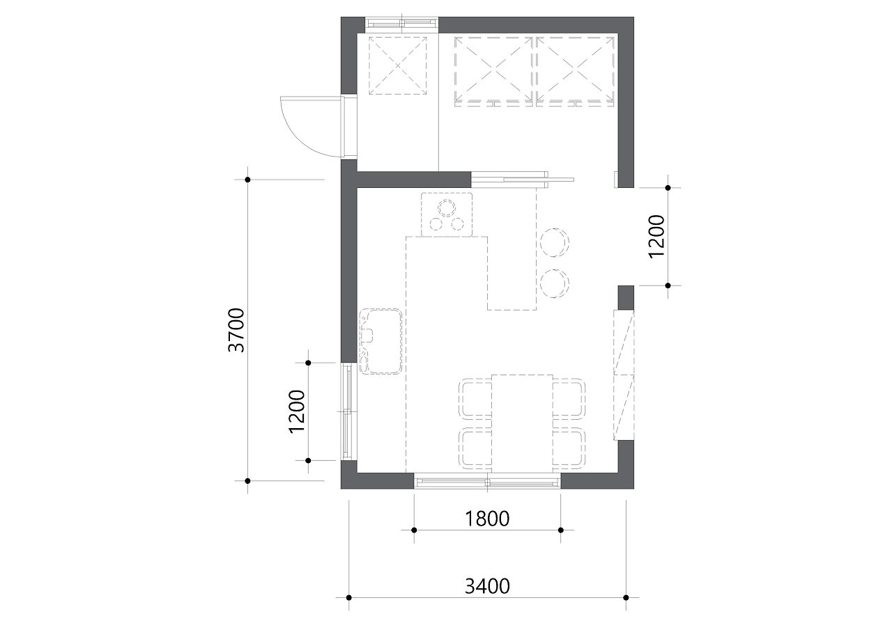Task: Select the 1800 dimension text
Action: pos(487,519)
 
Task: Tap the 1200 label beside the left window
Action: pos(297,411)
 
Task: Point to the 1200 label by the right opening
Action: pos(656,237)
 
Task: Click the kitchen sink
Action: pos(380,341)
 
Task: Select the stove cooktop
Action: pos(447,214)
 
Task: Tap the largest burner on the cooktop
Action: pos(447,207)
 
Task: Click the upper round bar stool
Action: pos(555,242)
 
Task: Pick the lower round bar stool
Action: pos(555,283)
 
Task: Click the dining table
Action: pos(522,423)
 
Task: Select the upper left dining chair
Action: pos(475,398)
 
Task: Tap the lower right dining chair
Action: pos(569,448)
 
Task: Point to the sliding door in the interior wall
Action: pos(523,180)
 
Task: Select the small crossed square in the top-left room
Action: pos(397,65)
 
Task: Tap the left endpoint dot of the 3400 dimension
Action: pos(349,609)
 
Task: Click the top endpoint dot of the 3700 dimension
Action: pos(247,180)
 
